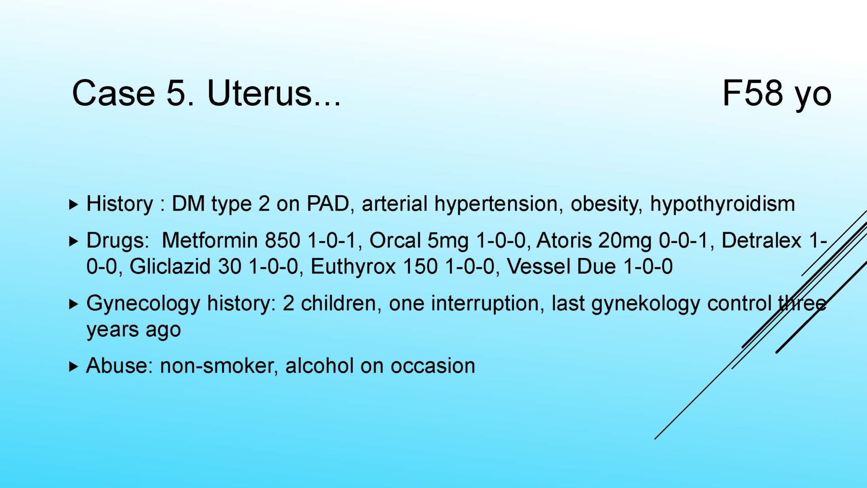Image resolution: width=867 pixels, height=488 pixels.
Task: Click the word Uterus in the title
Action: click(x=260, y=93)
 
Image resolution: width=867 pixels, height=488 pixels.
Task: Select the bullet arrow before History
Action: click(x=74, y=204)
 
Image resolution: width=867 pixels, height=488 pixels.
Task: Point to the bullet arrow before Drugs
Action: click(x=74, y=241)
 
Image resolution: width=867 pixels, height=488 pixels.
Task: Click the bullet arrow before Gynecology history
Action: click(x=74, y=304)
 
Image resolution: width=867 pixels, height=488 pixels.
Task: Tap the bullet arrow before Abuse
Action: click(x=74, y=366)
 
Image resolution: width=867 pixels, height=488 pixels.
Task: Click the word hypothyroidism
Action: click(x=722, y=204)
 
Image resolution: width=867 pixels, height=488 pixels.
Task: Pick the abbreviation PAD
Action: click(x=328, y=204)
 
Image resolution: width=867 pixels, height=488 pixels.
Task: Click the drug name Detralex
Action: click(x=761, y=240)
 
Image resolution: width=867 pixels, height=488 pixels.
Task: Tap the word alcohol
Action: click(x=319, y=366)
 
